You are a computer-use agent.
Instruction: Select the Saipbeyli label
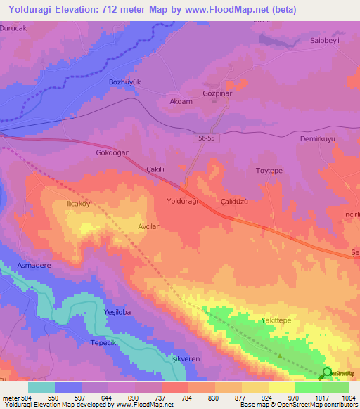(325, 41)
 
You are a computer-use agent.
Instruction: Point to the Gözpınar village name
(217, 93)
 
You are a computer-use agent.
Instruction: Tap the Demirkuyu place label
(316, 139)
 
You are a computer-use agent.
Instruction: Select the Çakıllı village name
(154, 170)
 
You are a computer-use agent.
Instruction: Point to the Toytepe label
(268, 170)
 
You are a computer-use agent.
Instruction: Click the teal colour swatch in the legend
(41, 387)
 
